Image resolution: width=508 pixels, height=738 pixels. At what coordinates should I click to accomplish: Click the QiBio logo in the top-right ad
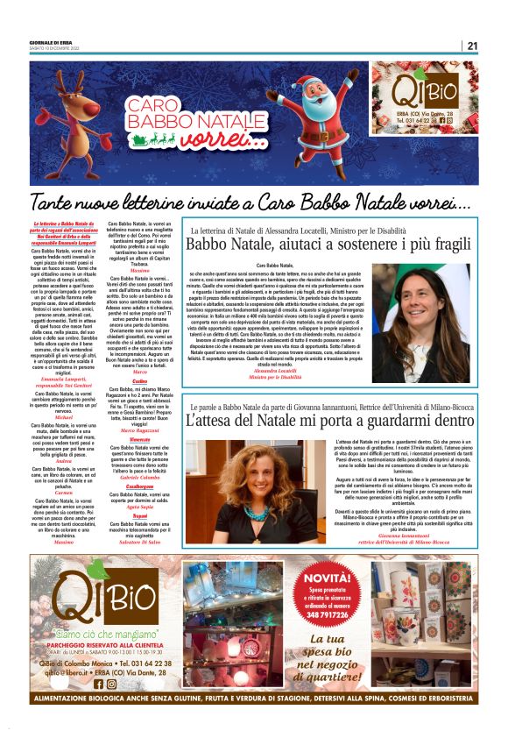pyautogui.click(x=430, y=93)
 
